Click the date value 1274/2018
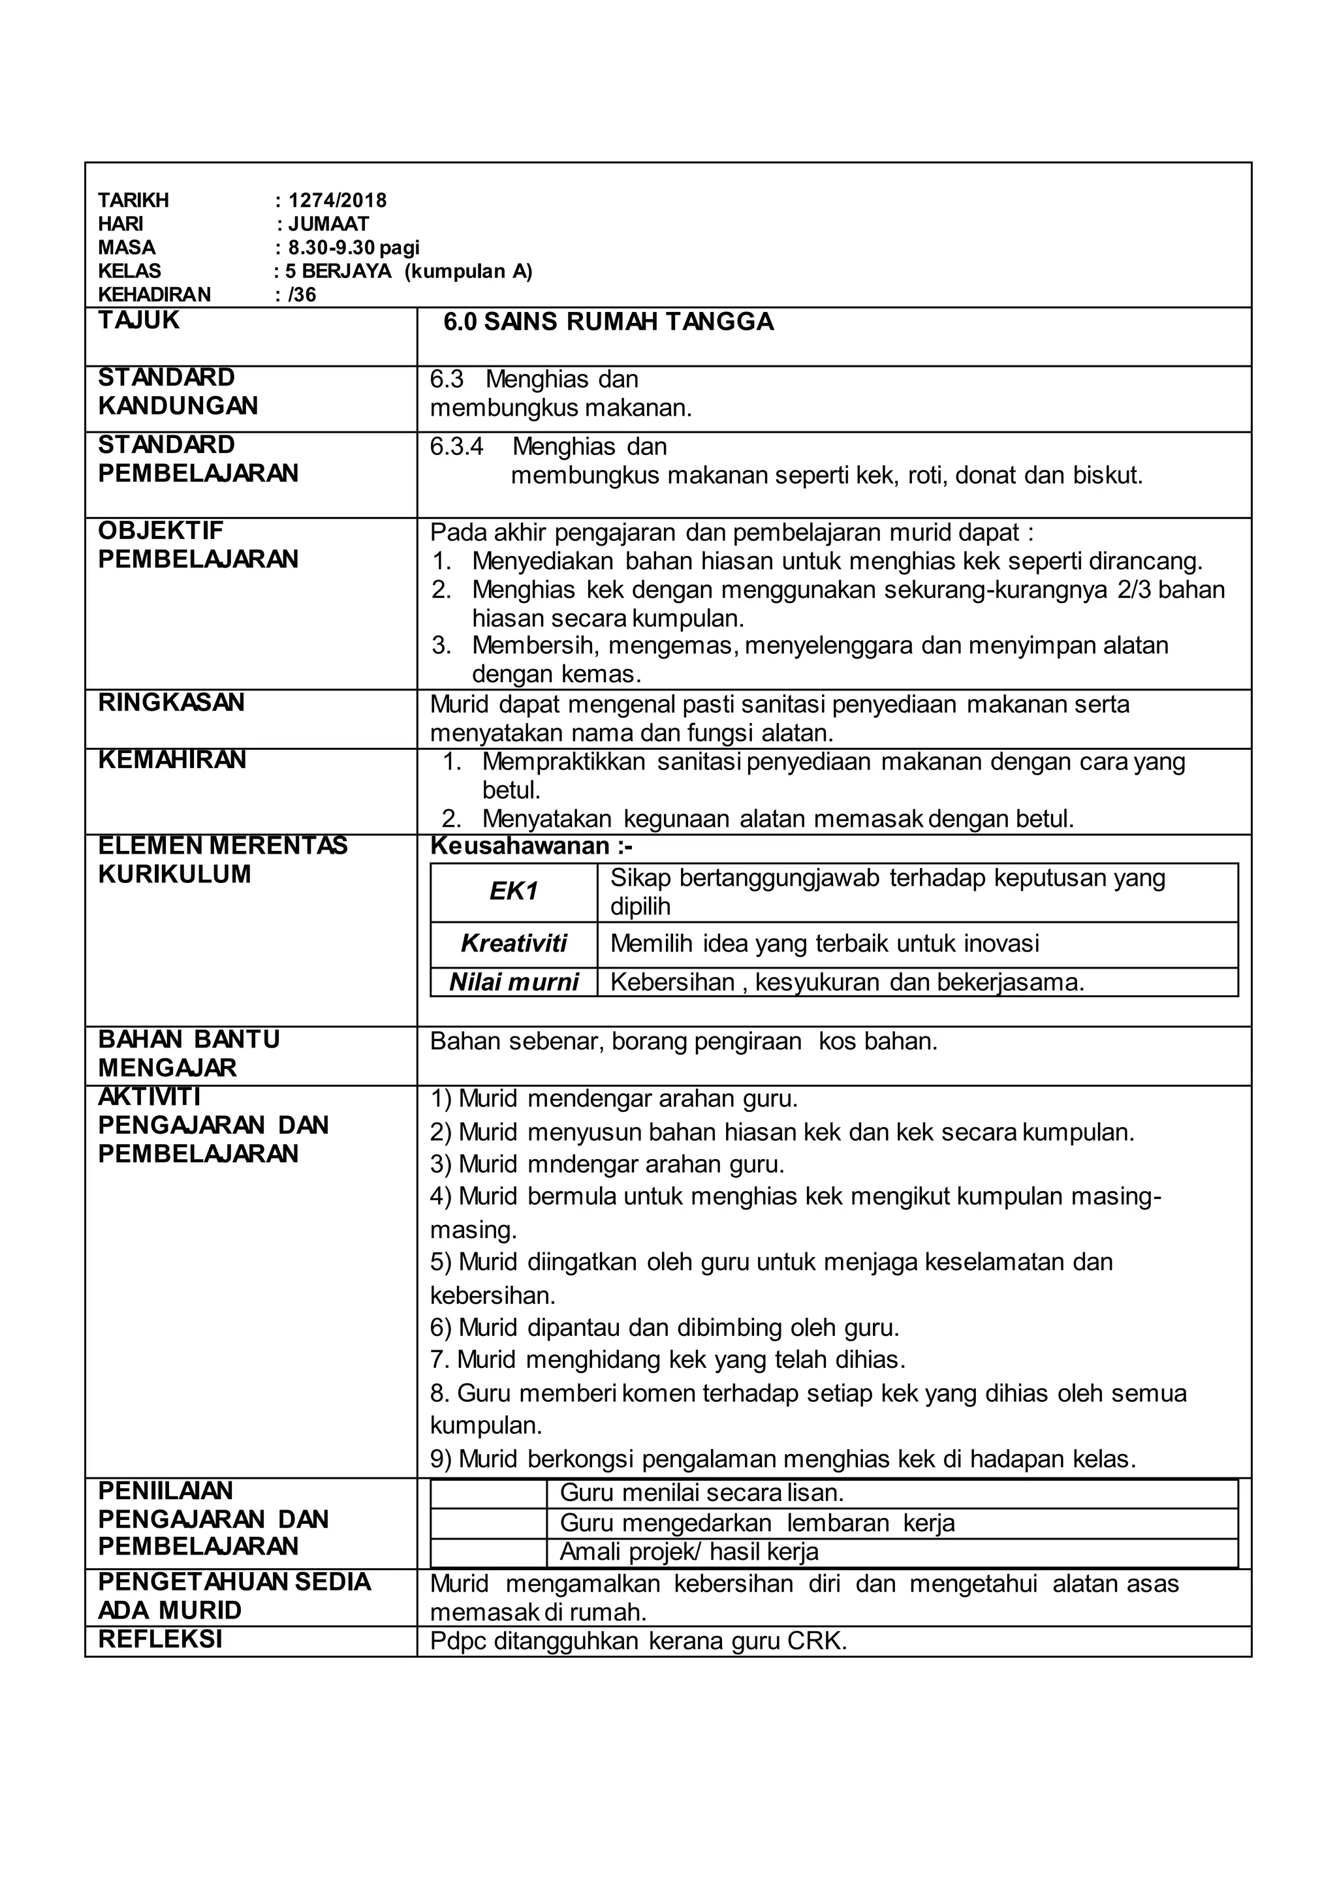pyautogui.click(x=337, y=200)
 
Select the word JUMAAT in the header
pyautogui.click(x=328, y=224)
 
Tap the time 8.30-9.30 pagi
pyautogui.click(x=353, y=248)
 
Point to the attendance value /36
pyautogui.click(x=302, y=295)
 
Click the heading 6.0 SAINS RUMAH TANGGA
pyautogui.click(x=608, y=322)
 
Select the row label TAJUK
pyautogui.click(x=138, y=320)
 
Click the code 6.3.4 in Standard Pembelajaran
pyautogui.click(x=456, y=447)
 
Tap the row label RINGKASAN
pyautogui.click(x=171, y=702)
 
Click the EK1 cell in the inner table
pyautogui.click(x=513, y=891)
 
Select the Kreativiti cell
pyautogui.click(x=513, y=943)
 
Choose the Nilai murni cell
pyautogui.click(x=513, y=982)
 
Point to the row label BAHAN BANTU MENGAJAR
pyautogui.click(x=189, y=1053)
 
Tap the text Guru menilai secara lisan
pyautogui.click(x=701, y=1493)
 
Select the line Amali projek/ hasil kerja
pyautogui.click(x=689, y=1553)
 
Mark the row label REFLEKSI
pyautogui.click(x=160, y=1639)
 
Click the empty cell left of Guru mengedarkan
pyautogui.click(x=488, y=1523)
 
